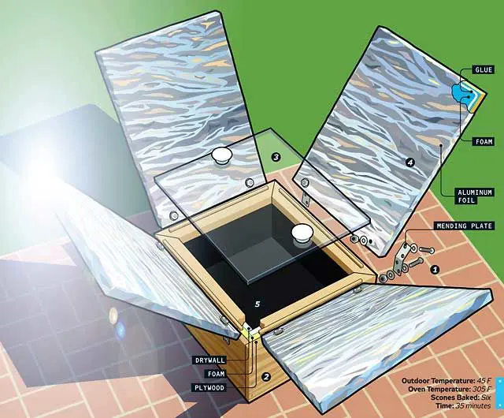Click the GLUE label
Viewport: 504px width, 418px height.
pos(484,70)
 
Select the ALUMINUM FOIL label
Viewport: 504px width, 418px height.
pos(474,196)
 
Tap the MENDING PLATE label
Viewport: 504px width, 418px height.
pos(464,226)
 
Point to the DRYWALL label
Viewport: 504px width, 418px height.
pos(210,360)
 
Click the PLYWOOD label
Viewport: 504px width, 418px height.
pos(209,387)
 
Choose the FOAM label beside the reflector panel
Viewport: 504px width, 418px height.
pos(484,141)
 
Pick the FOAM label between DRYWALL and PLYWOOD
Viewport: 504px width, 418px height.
pos(216,374)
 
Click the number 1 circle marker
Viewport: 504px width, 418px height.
pos(435,269)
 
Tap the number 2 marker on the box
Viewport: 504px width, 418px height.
pos(265,376)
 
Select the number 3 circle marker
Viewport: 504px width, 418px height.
pos(276,157)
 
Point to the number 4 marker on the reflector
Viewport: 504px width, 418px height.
pos(410,162)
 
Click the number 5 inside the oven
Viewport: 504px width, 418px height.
pos(258,304)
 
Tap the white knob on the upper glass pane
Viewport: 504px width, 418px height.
pos(222,155)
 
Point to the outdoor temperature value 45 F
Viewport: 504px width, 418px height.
pos(484,381)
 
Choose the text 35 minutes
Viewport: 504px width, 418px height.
pos(472,405)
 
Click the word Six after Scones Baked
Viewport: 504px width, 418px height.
pos(486,397)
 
